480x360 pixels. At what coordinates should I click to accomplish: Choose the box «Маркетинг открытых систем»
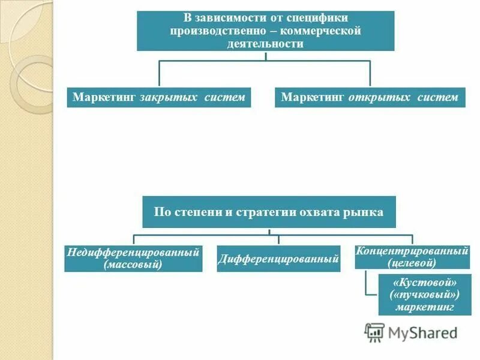370,97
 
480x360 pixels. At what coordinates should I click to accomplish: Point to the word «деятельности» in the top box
265,43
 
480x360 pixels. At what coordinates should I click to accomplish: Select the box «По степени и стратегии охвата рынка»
269,211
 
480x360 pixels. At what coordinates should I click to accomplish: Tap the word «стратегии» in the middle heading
268,211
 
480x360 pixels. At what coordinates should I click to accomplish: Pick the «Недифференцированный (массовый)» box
133,258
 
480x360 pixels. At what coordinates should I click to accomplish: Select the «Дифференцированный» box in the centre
278,259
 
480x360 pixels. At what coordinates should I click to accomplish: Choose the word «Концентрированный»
412,251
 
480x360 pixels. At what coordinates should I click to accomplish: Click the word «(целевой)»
412,263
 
